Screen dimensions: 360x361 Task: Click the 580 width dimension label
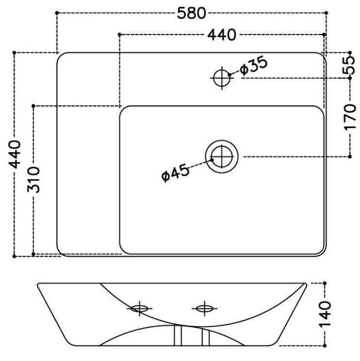191,13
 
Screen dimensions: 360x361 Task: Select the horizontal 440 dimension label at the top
222,35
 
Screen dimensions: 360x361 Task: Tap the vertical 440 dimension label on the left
15,154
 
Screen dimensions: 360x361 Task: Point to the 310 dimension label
33,180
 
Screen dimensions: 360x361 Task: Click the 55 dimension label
349,65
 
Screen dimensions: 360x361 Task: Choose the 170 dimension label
350,117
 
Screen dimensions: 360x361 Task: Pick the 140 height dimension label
325,314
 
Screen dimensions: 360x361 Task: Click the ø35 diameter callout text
254,66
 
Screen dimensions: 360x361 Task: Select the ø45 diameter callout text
175,173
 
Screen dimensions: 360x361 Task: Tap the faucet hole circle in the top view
222,78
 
